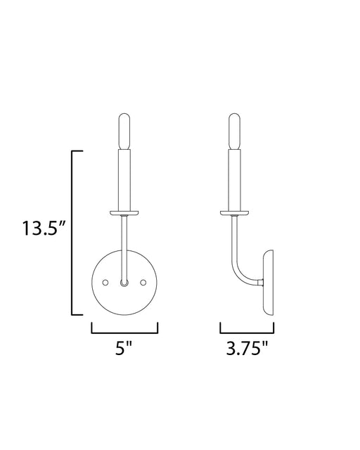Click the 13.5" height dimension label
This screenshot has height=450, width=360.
click(44, 228)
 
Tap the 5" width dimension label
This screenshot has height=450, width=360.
click(124, 348)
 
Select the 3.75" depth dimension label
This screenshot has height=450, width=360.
click(247, 348)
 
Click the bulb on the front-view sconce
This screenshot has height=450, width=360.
click(124, 131)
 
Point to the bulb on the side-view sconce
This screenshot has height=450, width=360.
click(235, 131)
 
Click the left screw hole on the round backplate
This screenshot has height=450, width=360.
click(105, 283)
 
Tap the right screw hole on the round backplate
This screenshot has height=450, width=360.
click(143, 283)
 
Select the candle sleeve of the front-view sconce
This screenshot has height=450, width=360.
click(124, 180)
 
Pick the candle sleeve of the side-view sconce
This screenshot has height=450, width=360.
click(235, 180)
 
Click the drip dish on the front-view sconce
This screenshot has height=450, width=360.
click(124, 213)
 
